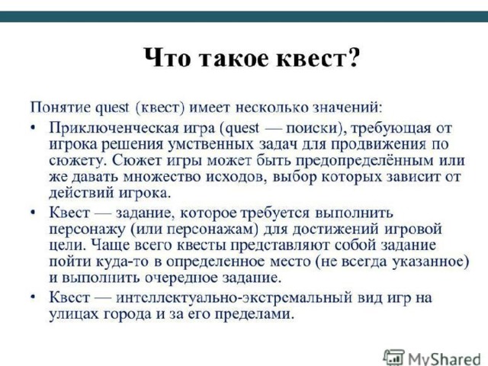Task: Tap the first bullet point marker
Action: [x=33, y=129]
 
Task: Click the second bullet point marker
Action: [x=33, y=213]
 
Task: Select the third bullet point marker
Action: [x=33, y=298]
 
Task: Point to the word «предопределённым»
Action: [x=364, y=161]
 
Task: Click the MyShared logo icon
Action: [x=394, y=358]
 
